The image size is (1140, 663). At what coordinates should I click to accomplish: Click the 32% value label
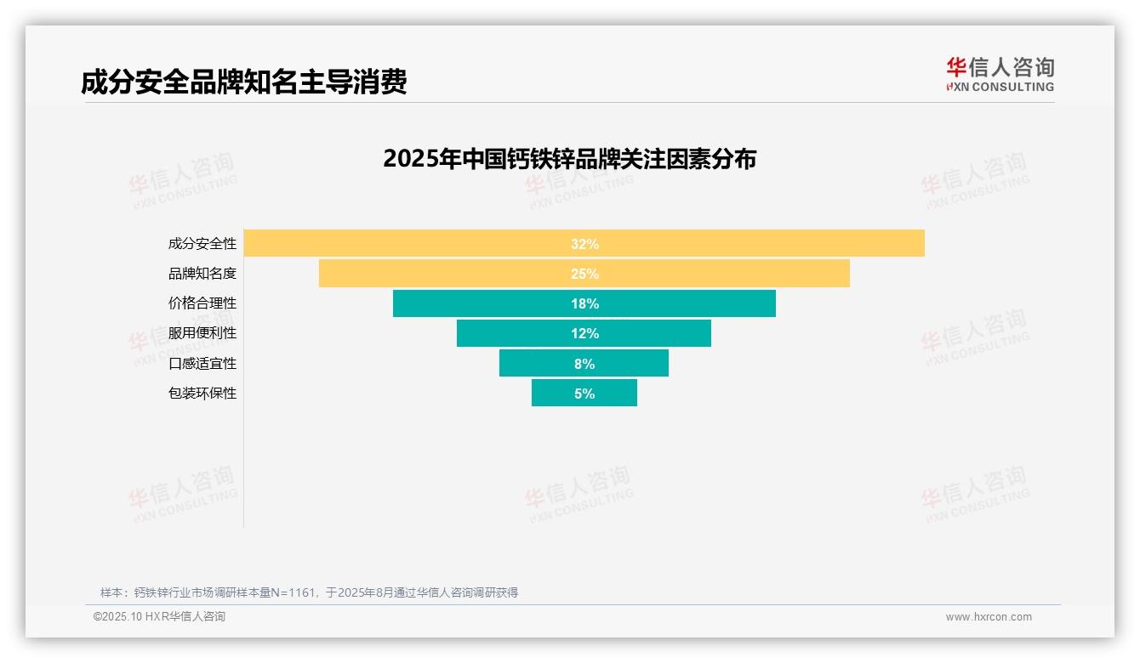584,244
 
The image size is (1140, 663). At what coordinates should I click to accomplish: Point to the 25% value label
584,274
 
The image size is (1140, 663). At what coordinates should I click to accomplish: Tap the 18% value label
584,303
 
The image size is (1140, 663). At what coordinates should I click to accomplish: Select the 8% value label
584,363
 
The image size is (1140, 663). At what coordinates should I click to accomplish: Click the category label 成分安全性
202,244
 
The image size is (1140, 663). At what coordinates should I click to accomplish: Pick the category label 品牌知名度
202,274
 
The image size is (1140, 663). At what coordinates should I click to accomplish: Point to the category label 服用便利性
202,333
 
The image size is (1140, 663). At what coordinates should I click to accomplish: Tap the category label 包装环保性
202,393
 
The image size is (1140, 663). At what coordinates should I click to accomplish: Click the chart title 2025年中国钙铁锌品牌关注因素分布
569,159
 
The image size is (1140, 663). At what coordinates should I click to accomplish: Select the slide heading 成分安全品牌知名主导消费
244,82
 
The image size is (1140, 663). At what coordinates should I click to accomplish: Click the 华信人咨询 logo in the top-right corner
1000,75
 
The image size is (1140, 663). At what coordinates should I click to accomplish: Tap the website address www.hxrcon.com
989,617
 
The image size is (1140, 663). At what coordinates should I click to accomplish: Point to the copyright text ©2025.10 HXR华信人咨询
159,617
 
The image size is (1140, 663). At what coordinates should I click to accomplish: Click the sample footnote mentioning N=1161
309,592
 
